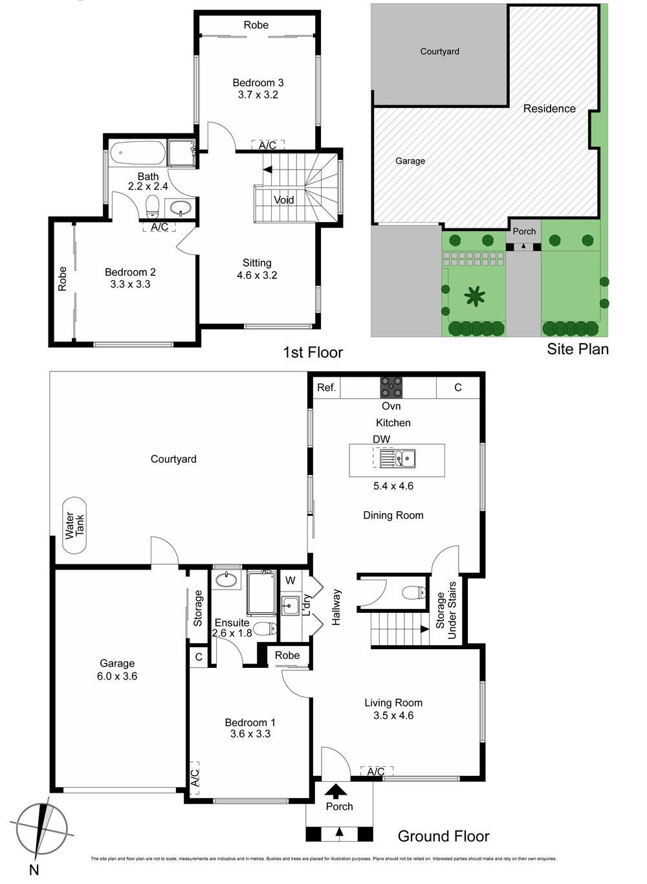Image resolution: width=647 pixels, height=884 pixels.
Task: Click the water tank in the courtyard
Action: click(74, 525)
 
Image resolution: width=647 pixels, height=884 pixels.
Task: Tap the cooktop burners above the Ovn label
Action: click(391, 387)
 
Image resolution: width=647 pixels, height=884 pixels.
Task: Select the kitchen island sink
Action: click(397, 459)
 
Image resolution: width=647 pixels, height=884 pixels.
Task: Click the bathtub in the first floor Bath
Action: click(137, 154)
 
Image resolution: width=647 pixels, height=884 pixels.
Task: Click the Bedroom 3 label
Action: click(258, 83)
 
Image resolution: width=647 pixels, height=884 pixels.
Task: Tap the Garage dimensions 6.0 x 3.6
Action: click(117, 676)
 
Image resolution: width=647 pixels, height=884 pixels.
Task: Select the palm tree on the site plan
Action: click(475, 296)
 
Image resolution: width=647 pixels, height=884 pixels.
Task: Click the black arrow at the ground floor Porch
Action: click(336, 790)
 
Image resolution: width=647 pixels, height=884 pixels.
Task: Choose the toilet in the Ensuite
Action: click(265, 628)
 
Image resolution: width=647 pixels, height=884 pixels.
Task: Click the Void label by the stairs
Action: click(283, 200)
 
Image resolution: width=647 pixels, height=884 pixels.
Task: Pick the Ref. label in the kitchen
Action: click(326, 388)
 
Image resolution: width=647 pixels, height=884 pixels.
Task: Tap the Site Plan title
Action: click(577, 349)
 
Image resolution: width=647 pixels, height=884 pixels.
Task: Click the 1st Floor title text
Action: click(313, 352)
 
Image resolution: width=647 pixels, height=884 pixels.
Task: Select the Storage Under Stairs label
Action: click(446, 610)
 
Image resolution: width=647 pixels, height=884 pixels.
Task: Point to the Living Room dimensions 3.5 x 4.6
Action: click(393, 715)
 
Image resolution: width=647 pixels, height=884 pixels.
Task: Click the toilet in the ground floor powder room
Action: click(413, 592)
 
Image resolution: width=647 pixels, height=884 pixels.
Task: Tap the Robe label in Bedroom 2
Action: click(63, 279)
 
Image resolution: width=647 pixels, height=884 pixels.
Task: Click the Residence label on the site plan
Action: click(549, 109)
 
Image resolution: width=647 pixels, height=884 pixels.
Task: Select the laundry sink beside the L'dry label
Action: click(290, 606)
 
